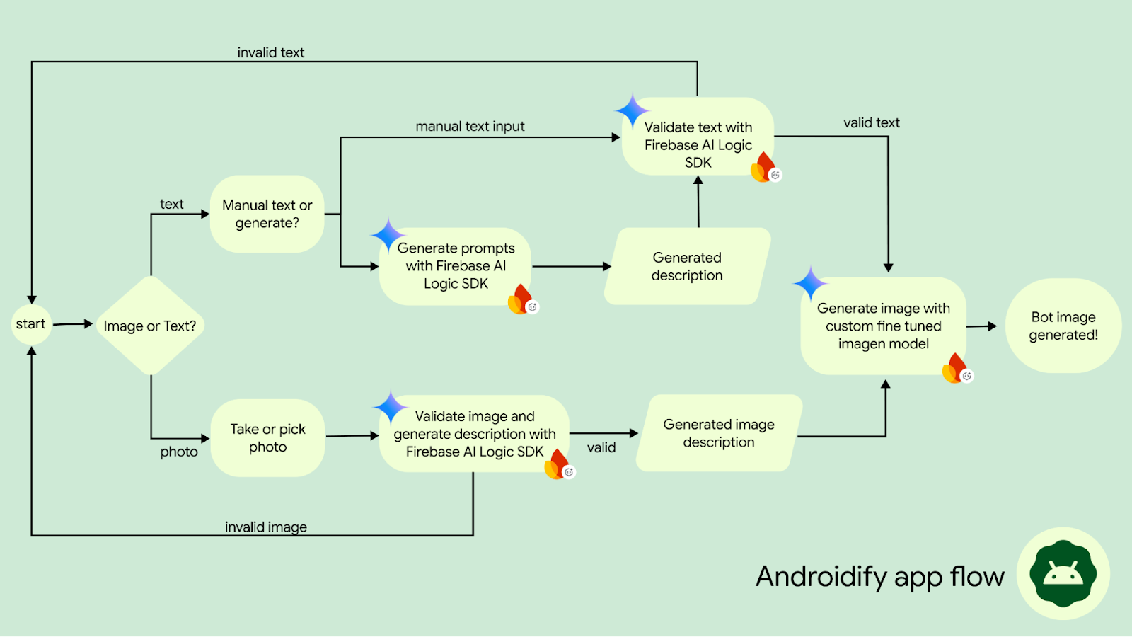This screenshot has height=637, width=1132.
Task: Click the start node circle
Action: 31,324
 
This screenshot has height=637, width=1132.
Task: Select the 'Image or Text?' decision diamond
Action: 150,326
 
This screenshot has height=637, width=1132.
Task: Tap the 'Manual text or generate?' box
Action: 267,214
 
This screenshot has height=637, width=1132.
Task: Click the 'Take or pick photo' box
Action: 267,437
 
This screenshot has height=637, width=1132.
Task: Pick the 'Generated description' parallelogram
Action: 687,266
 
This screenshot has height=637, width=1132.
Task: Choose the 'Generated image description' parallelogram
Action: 719,433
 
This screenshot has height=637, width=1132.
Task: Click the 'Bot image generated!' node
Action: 1063,326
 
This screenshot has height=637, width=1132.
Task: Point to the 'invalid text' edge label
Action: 270,52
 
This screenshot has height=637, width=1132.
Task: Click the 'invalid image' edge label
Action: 265,527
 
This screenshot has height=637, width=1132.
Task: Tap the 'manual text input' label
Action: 470,126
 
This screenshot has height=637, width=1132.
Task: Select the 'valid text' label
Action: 871,122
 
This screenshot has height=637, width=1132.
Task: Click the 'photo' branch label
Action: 179,452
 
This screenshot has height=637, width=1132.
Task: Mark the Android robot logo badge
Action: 1063,573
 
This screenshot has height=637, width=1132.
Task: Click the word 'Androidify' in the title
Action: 821,577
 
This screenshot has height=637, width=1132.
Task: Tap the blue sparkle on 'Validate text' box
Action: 631,111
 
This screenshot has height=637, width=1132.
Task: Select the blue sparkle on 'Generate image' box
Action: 809,283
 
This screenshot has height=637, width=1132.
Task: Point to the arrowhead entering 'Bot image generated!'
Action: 992,326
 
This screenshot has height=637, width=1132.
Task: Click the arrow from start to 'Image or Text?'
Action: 73,324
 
